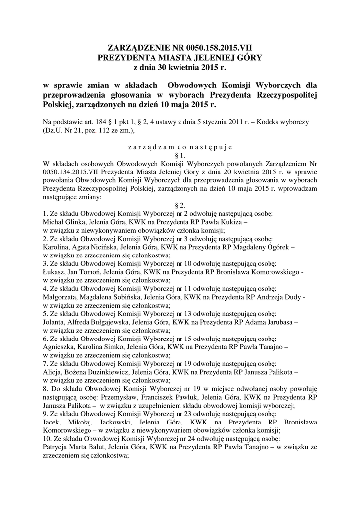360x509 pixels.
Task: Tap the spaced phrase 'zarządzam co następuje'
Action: pos(180,147)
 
